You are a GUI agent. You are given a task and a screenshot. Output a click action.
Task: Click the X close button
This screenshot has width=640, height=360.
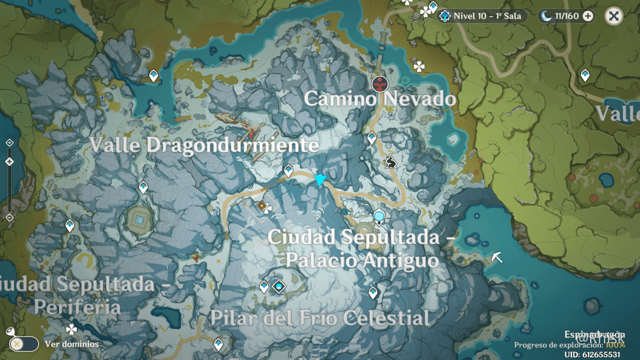(614, 16)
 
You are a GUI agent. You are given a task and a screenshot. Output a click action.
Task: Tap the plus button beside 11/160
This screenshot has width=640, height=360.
(588, 16)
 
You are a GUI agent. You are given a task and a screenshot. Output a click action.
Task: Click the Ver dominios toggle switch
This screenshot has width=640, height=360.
(24, 344)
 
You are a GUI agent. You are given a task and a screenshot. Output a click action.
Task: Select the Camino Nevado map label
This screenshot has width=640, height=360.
(380, 99)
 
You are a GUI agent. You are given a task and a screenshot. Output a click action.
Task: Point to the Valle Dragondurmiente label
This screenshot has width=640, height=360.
(204, 145)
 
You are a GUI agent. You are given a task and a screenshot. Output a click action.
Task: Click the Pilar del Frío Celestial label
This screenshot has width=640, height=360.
(320, 318)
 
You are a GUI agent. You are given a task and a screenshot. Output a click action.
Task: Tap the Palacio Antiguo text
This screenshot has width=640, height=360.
(362, 260)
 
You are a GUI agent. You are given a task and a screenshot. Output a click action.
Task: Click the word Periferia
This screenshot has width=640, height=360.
(77, 307)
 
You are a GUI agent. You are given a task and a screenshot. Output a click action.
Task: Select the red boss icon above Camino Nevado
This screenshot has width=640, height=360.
(380, 84)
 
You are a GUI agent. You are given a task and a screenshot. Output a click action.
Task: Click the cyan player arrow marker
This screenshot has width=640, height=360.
(320, 179)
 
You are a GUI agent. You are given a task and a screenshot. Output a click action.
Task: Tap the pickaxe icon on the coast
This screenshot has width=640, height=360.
(497, 257)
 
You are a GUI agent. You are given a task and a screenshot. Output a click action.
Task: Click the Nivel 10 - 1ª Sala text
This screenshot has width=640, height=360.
(487, 16)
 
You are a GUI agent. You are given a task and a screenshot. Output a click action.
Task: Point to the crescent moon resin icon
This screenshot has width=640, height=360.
(546, 16)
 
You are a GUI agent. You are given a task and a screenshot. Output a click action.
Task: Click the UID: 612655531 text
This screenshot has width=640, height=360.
(592, 355)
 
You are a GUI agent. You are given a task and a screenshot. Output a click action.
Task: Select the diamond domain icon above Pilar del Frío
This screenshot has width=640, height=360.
(279, 287)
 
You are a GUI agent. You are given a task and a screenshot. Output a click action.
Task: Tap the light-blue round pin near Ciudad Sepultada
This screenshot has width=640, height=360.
(379, 216)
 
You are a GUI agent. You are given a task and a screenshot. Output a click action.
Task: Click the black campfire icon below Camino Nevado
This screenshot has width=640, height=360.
(391, 162)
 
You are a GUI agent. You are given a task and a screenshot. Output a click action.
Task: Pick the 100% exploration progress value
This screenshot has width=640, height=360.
(615, 345)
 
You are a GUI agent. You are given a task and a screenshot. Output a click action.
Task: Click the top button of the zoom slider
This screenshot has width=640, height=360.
(10, 143)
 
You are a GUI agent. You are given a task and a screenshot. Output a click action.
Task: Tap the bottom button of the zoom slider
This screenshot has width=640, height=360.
(10, 218)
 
